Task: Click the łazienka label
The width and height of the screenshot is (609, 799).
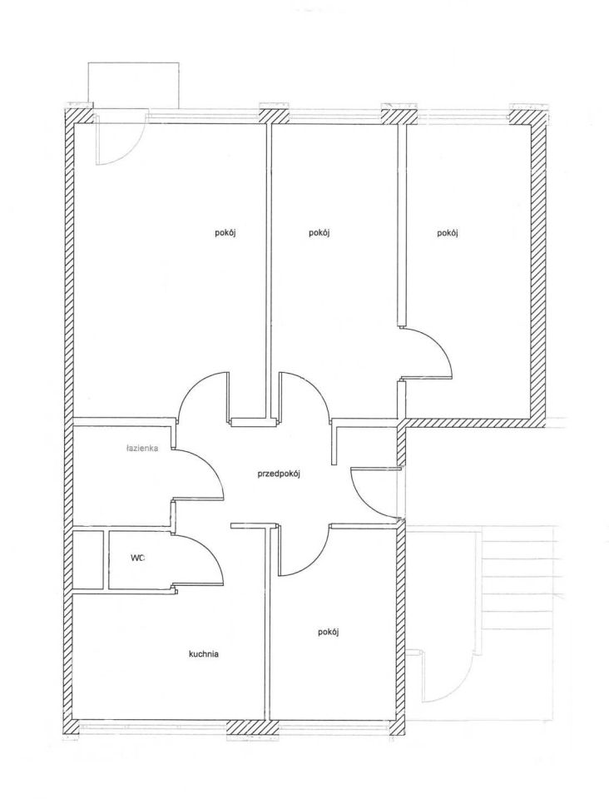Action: coord(142,449)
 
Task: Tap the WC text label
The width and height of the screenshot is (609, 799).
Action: coord(137,558)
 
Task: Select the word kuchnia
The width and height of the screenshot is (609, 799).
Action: coord(204,654)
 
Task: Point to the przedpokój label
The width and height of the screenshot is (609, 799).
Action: coord(280,474)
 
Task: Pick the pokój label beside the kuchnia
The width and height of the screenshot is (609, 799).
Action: coord(329,632)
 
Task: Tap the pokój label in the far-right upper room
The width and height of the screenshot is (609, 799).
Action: coord(448,233)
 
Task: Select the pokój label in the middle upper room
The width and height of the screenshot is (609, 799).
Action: coord(319,233)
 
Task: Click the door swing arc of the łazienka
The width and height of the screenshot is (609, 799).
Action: coord(215,466)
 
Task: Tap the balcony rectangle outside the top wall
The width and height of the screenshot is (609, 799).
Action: coord(133,85)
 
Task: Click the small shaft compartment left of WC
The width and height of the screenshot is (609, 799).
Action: coord(88,560)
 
